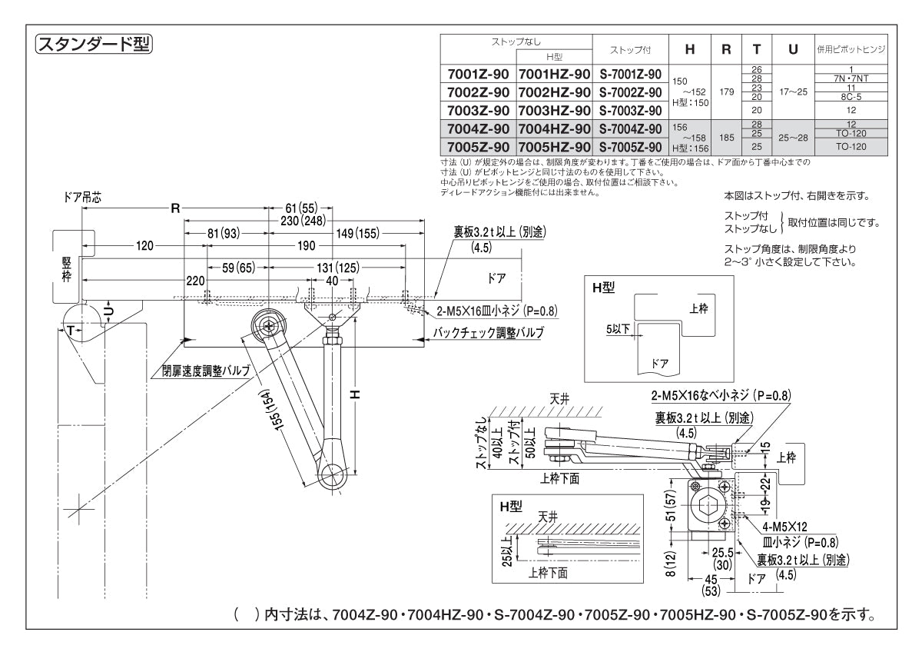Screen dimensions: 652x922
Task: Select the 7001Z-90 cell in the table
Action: [478, 75]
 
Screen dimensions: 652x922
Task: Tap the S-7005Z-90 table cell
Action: [630, 147]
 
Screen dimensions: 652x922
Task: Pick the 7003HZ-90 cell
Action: [554, 111]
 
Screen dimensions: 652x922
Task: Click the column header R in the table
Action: [726, 50]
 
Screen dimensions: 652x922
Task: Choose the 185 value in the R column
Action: [726, 138]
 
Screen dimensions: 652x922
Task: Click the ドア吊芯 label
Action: [81, 198]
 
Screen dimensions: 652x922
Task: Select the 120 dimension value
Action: [144, 246]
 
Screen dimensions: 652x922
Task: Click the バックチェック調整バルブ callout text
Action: [488, 332]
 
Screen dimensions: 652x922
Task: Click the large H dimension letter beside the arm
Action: [355, 394]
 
